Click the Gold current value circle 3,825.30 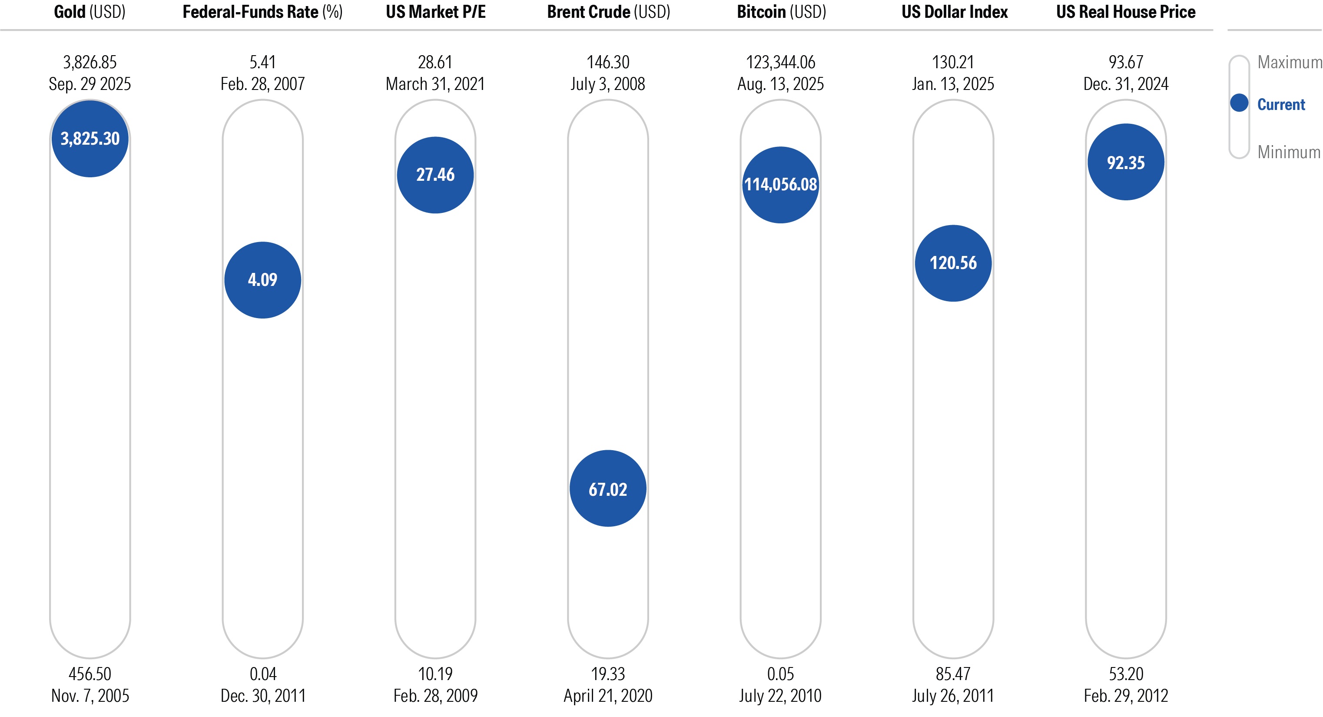coord(90,139)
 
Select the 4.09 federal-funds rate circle coord(262,280)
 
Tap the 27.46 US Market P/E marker coord(435,175)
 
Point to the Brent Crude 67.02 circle coord(607,488)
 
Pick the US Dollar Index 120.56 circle coord(953,263)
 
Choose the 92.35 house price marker coord(1125,162)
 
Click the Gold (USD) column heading coord(90,12)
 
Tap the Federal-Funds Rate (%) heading coord(262,12)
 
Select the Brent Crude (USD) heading coord(608,12)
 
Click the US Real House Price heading coord(1125,12)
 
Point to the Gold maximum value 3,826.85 coord(90,62)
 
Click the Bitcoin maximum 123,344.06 coord(780,62)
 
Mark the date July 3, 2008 coord(607,84)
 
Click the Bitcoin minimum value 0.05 coord(780,674)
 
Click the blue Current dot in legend coord(1239,103)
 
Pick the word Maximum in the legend coord(1289,62)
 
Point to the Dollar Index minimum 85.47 coord(953,674)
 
